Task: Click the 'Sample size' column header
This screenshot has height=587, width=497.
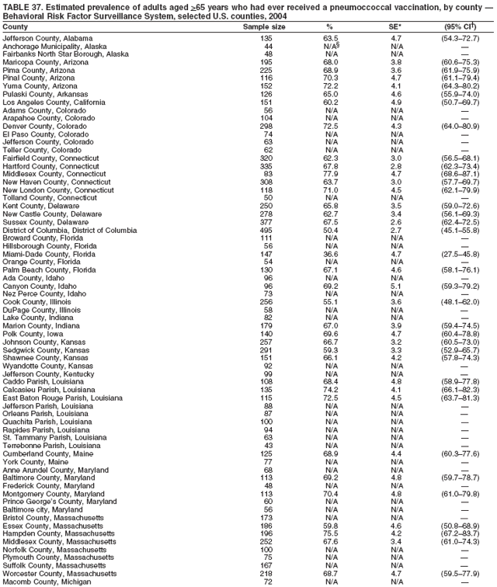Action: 264,26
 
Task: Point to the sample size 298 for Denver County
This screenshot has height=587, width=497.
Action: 266,126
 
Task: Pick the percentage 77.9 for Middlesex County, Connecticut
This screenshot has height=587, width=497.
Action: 331,175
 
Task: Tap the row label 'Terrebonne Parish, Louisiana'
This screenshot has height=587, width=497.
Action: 54,445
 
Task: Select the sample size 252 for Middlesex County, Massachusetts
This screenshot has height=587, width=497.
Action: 266,540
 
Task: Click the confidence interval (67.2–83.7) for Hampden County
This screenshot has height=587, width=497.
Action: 464,533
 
